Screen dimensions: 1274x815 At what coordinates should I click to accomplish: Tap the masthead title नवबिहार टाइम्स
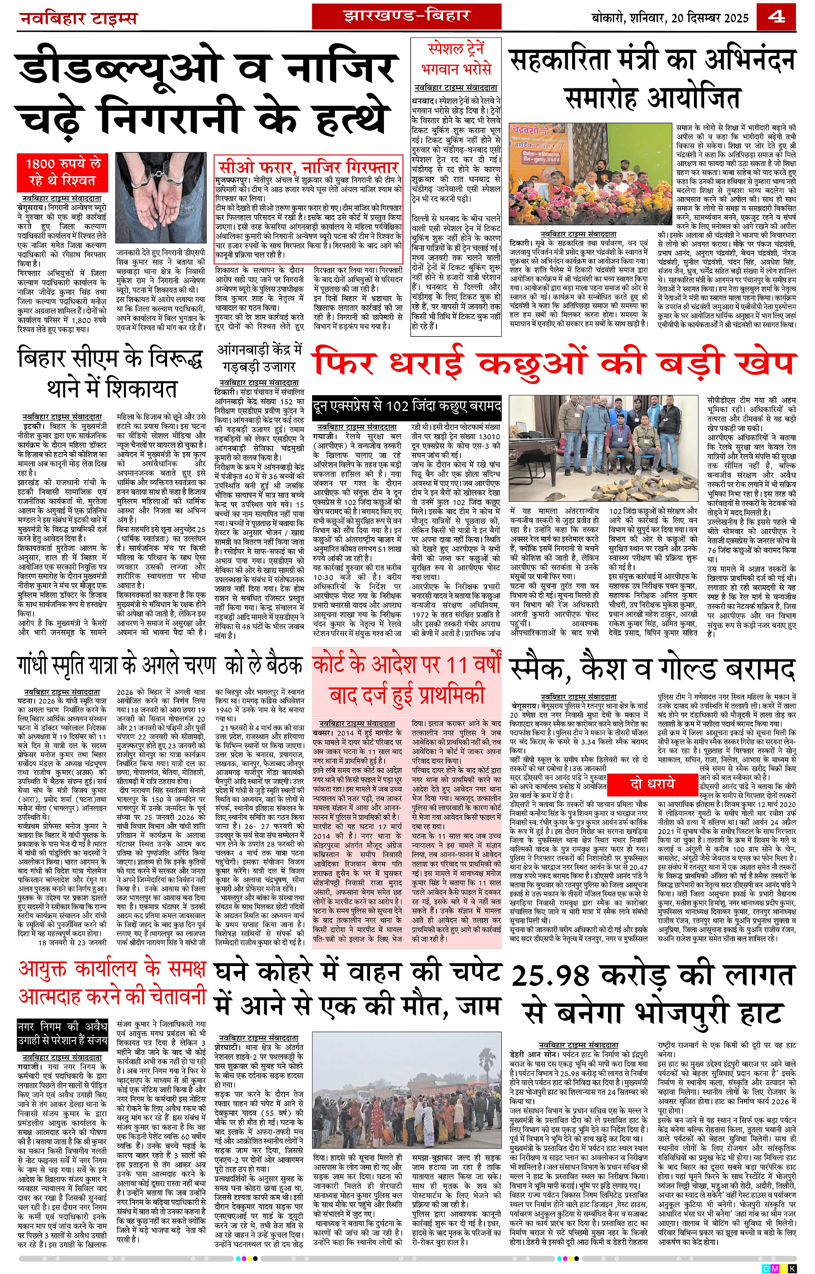tap(78, 18)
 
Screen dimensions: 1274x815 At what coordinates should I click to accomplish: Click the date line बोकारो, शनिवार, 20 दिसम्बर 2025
tap(670, 18)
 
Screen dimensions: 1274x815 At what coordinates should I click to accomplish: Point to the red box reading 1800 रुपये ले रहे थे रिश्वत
tap(62, 172)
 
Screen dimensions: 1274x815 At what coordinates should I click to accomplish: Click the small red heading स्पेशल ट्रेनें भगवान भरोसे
tap(456, 59)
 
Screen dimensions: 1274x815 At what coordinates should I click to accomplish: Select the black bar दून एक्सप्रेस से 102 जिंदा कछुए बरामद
tap(406, 406)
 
